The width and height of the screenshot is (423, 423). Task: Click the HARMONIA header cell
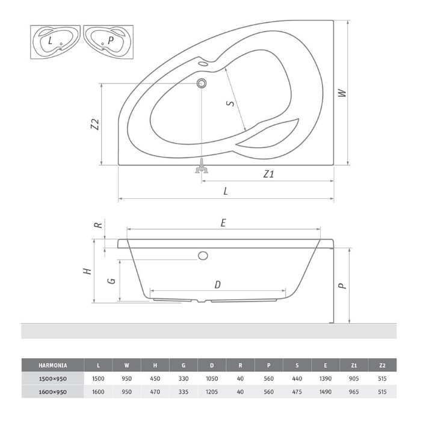(53, 365)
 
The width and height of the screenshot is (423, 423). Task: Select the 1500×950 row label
(53, 379)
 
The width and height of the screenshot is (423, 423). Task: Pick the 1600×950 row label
(53, 392)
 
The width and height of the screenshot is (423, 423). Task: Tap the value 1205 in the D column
(212, 392)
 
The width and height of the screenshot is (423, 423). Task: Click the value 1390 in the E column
(325, 379)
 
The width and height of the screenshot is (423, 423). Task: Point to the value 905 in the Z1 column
(354, 379)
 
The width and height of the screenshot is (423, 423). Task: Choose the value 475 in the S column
(297, 392)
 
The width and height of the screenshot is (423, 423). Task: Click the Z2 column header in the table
(382, 365)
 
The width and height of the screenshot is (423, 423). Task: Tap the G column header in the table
(184, 365)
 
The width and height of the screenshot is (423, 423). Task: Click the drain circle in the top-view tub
(201, 83)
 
